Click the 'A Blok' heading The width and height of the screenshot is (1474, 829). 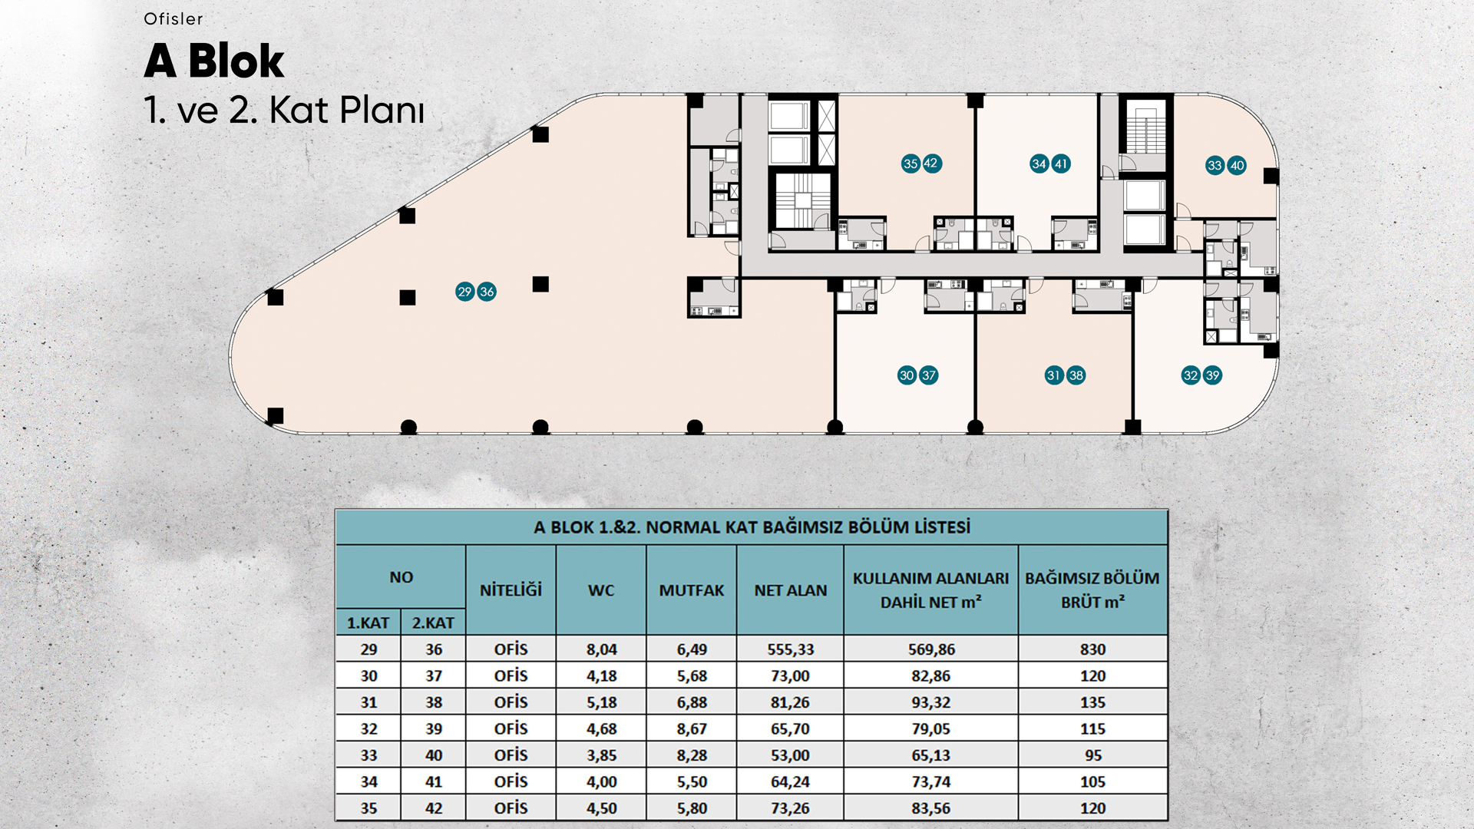pyautogui.click(x=213, y=61)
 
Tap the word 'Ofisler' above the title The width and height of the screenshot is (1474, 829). pyautogui.click(x=174, y=19)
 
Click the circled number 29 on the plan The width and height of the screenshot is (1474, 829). pyautogui.click(x=464, y=292)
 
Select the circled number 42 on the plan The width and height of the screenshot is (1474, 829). pyautogui.click(x=931, y=163)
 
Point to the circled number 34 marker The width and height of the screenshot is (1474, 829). pyautogui.click(x=1039, y=163)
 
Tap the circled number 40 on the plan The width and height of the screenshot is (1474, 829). pyautogui.click(x=1237, y=166)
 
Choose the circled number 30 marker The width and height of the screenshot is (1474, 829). pyautogui.click(x=907, y=375)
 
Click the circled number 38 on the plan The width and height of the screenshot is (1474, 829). pyautogui.click(x=1076, y=375)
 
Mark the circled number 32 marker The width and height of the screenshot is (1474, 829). pyautogui.click(x=1191, y=375)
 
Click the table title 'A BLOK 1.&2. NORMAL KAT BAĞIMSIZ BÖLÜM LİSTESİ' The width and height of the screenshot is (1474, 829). pyautogui.click(x=752, y=527)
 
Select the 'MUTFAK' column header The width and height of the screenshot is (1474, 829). pyautogui.click(x=692, y=590)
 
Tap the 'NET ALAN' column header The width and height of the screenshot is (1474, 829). pyautogui.click(x=791, y=590)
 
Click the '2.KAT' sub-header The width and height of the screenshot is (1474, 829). pyautogui.click(x=433, y=623)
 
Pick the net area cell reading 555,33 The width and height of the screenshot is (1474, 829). pyautogui.click(x=791, y=649)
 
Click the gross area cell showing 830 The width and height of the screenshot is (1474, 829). pyautogui.click(x=1092, y=649)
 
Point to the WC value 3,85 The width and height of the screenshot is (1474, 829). pyautogui.click(x=602, y=755)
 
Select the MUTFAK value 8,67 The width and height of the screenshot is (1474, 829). pyautogui.click(x=692, y=729)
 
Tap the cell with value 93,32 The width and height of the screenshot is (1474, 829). pyautogui.click(x=931, y=702)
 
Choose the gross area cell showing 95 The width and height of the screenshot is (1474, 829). pyautogui.click(x=1093, y=755)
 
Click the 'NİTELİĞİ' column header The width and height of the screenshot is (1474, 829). pyautogui.click(x=511, y=590)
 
